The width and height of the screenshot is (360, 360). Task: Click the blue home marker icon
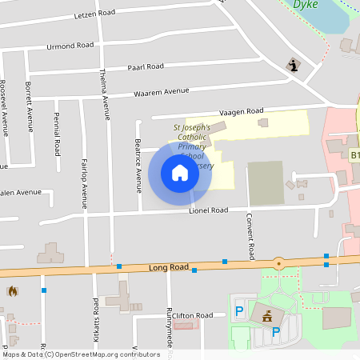[x=180, y=172]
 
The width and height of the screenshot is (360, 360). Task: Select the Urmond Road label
[x=70, y=46]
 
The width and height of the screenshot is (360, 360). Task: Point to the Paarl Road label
[x=146, y=66]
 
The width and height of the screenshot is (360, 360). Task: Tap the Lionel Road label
[x=208, y=210]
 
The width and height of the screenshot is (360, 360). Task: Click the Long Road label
[x=169, y=267]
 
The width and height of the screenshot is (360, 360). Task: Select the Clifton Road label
[x=192, y=315]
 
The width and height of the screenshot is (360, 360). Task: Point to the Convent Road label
[x=250, y=236]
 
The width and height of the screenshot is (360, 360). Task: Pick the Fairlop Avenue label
[x=84, y=184]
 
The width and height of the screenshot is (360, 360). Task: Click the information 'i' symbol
[x=294, y=66]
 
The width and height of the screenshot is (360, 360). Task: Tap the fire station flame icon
[x=12, y=292]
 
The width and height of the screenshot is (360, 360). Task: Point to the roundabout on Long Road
[x=278, y=262]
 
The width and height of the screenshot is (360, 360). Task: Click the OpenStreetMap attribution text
[x=80, y=354]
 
